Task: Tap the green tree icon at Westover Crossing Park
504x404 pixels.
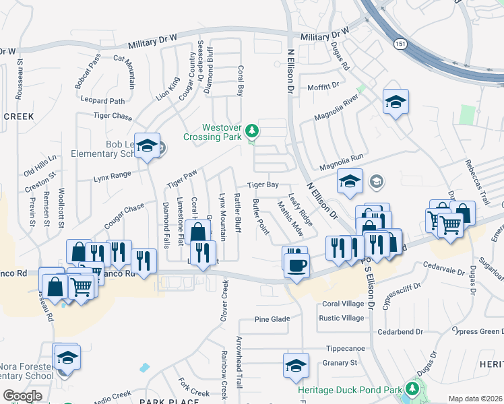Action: (x=252, y=130)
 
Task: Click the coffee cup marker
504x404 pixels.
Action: (x=295, y=264)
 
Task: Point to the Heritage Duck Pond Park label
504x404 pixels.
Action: (x=350, y=389)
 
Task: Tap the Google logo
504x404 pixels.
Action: (x=22, y=396)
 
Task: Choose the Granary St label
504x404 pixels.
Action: (x=340, y=363)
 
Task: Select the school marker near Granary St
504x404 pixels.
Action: (x=295, y=366)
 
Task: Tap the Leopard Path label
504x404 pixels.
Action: (x=102, y=101)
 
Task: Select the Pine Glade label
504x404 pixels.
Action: (x=272, y=319)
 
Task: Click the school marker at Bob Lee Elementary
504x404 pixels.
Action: (x=146, y=147)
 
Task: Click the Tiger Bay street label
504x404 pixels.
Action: (x=263, y=184)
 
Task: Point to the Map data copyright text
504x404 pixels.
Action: (x=474, y=399)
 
